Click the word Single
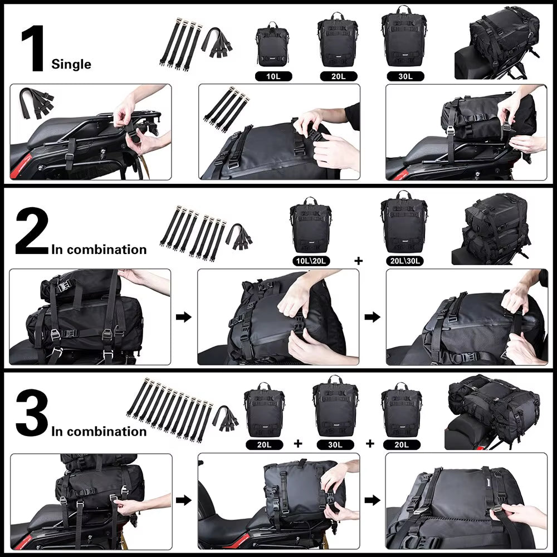pyautogui.click(x=71, y=64)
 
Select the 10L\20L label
pyautogui.click(x=310, y=260)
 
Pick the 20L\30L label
pyautogui.click(x=404, y=260)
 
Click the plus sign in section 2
pyautogui.click(x=358, y=260)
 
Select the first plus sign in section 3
pyautogui.click(x=298, y=444)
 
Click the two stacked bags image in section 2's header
pyautogui.click(x=493, y=228)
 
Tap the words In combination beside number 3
pyautogui.click(x=99, y=431)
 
